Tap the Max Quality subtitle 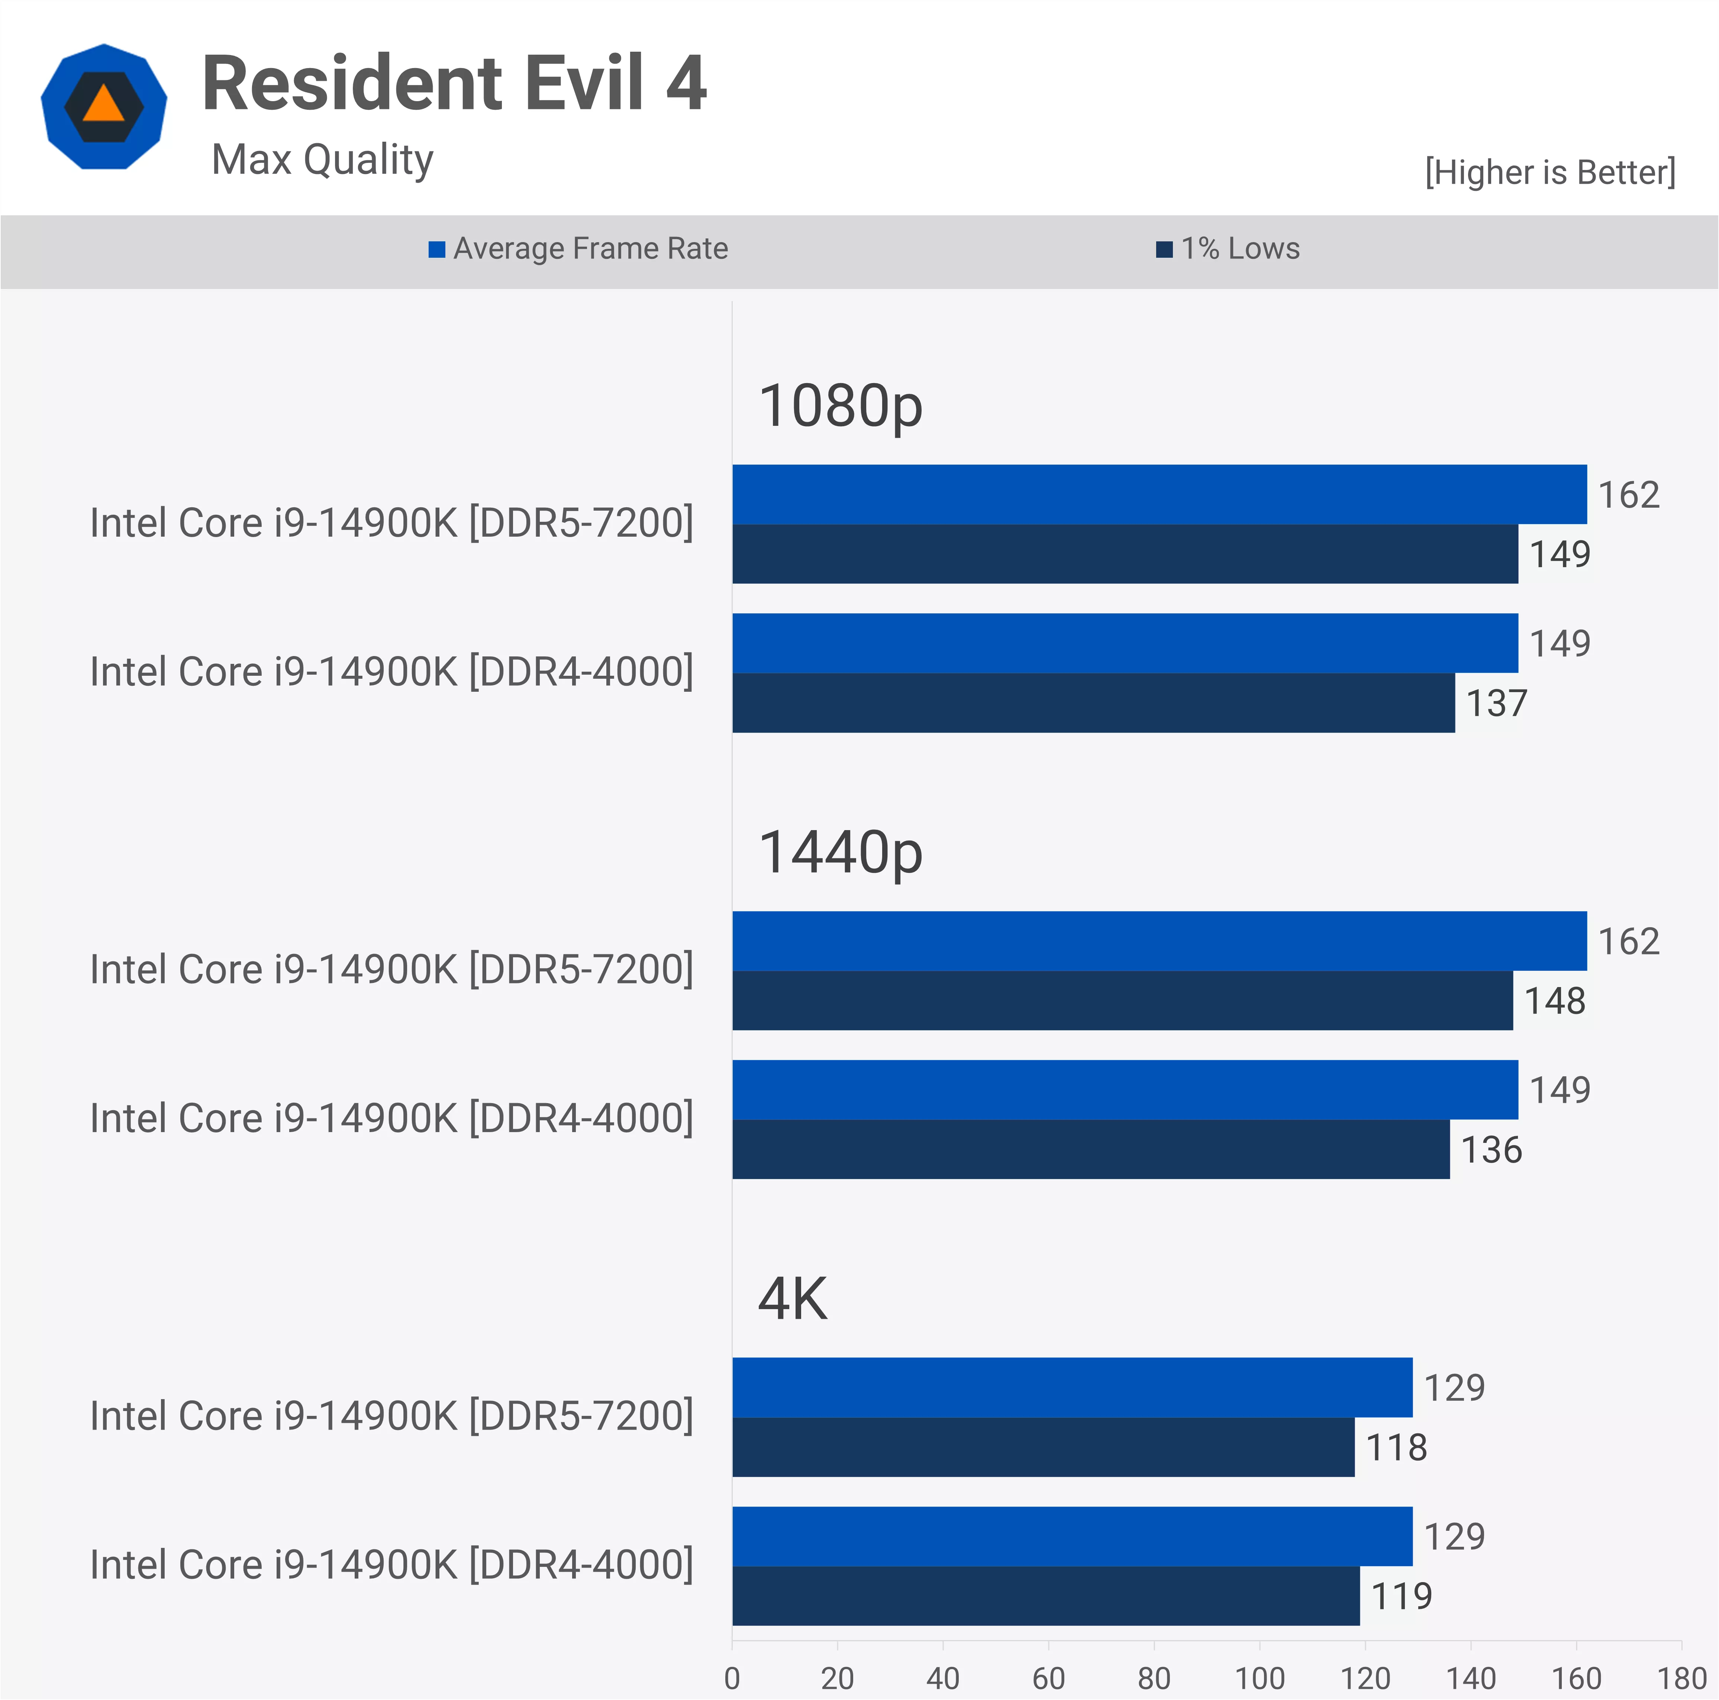point(322,160)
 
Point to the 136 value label point(1491,1150)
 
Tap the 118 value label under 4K point(1396,1448)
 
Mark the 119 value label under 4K point(1402,1597)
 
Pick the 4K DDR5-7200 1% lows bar point(1043,1447)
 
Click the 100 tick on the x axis point(1259,1679)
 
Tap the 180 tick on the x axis point(1681,1679)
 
